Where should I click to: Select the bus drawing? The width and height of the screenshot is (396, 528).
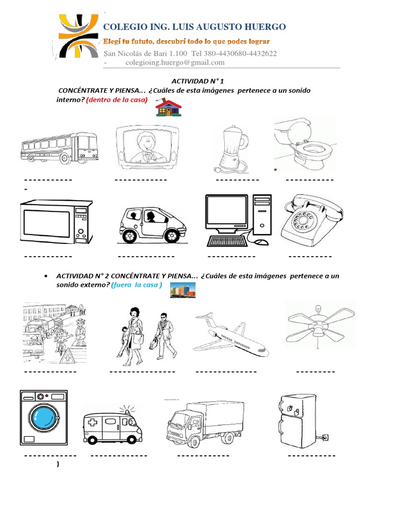tap(59, 146)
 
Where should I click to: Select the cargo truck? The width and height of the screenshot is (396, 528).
tap(199, 422)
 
